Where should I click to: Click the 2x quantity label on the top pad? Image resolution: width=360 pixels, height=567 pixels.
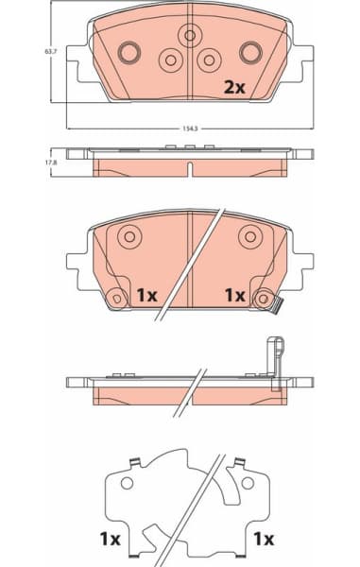coord(233,87)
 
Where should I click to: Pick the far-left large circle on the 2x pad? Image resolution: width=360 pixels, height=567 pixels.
coord(129,50)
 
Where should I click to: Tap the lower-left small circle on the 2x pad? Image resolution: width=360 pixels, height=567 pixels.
coord(171,60)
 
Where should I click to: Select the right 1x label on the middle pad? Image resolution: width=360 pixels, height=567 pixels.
coord(234,295)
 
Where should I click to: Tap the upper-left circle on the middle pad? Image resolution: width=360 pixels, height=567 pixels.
coord(129,236)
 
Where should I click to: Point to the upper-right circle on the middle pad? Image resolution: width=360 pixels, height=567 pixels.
coord(250,236)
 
